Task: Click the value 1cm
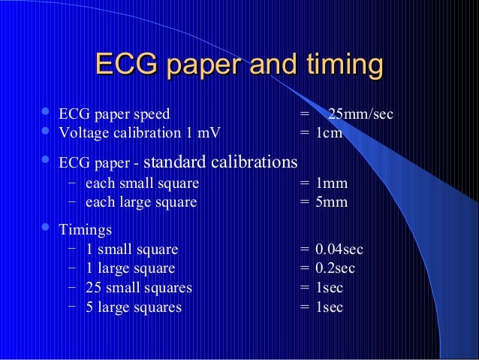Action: point(329,133)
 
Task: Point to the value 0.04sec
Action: point(339,249)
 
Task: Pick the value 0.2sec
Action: point(336,268)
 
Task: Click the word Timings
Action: point(86,230)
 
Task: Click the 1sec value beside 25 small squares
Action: point(329,288)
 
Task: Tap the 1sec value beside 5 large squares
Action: point(329,307)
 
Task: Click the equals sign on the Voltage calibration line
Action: point(304,133)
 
